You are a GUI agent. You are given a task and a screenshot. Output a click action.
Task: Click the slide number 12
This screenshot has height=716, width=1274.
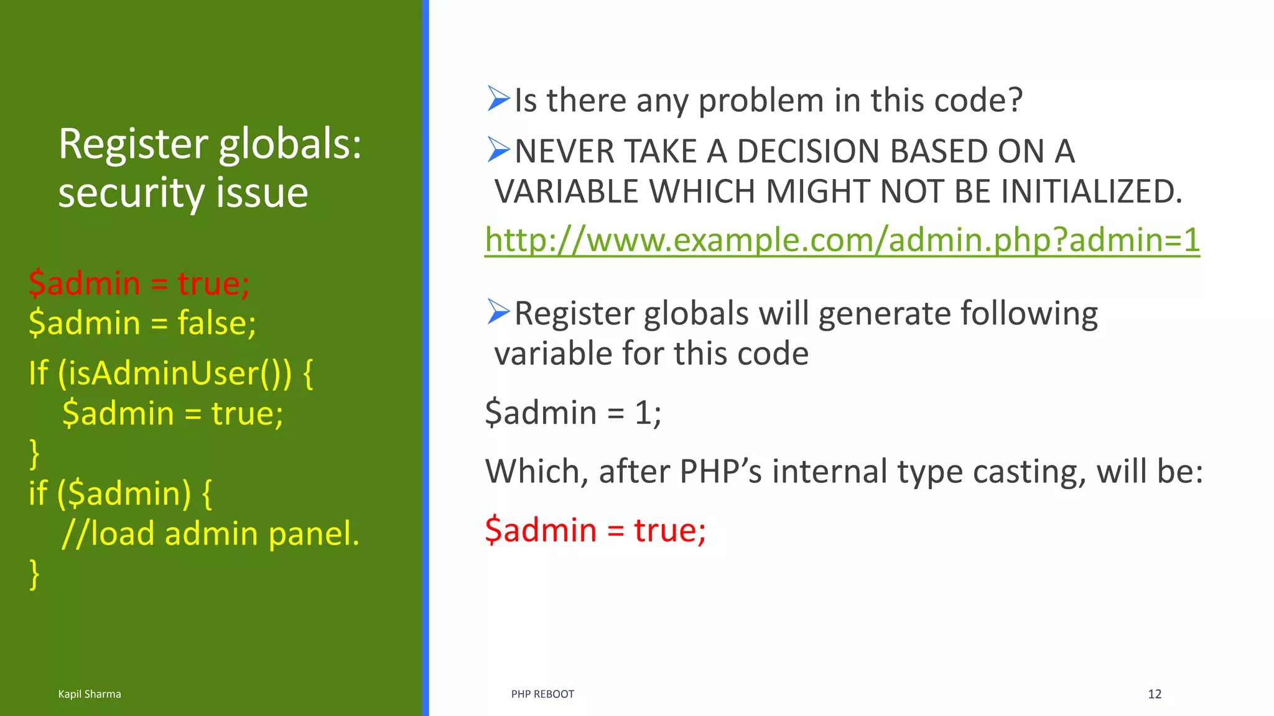click(1155, 694)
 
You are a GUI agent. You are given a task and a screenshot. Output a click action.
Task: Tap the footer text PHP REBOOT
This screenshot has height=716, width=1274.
click(542, 694)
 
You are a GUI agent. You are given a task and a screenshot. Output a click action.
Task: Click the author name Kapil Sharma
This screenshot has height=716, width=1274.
click(90, 694)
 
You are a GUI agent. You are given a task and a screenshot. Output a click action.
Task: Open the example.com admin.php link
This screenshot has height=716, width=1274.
click(842, 241)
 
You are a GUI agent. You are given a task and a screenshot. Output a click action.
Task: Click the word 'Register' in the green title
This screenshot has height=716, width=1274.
click(133, 144)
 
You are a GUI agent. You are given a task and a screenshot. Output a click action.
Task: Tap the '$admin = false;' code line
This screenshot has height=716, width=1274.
click(142, 323)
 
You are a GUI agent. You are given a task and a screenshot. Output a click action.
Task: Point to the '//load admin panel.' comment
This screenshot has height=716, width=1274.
click(210, 533)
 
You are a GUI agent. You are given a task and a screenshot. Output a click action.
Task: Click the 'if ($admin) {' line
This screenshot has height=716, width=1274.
click(120, 493)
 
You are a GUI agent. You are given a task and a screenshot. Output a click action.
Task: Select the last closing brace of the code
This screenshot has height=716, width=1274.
click(34, 573)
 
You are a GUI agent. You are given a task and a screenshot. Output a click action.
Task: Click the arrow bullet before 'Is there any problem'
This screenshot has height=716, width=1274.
click(498, 99)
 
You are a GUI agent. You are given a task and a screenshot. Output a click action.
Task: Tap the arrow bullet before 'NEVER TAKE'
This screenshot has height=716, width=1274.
click(498, 150)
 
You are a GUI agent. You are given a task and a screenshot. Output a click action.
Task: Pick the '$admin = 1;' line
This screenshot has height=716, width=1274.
click(573, 413)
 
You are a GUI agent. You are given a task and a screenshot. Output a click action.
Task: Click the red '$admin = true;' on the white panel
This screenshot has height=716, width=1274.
click(595, 530)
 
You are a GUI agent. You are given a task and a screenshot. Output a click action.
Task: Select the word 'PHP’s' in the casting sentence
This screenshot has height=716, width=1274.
click(720, 471)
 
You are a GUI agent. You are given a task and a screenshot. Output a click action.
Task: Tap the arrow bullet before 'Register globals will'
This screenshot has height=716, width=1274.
click(498, 312)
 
